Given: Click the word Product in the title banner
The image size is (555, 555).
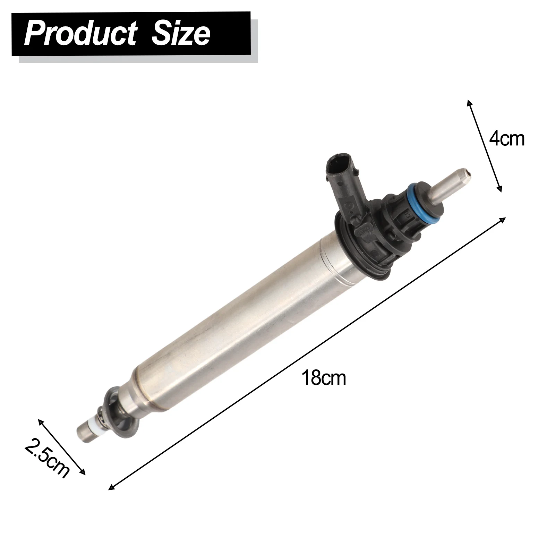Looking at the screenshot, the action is (x=80, y=34).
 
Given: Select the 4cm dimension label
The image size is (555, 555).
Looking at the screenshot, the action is (x=507, y=139).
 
